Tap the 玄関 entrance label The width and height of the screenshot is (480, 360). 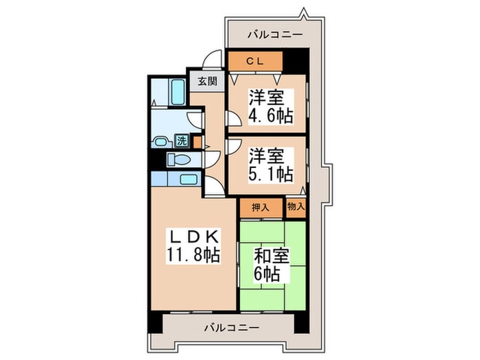[x=208, y=80]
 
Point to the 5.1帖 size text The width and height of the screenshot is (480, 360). [x=269, y=174]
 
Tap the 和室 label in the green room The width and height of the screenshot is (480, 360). [x=272, y=256]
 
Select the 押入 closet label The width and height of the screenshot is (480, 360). [x=260, y=206]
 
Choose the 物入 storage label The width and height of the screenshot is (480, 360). [x=296, y=206]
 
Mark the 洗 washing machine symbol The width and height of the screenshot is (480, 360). [x=182, y=141]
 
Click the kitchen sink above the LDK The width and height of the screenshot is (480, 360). [x=189, y=179]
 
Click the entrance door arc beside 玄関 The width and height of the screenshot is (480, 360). [x=215, y=60]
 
